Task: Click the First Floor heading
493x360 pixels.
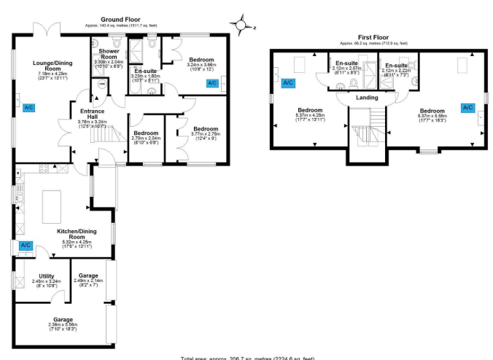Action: pyautogui.click(x=373, y=36)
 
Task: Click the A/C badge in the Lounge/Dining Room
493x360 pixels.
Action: pyautogui.click(x=29, y=108)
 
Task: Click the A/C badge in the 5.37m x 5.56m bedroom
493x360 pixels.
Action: pyautogui.click(x=467, y=108)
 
